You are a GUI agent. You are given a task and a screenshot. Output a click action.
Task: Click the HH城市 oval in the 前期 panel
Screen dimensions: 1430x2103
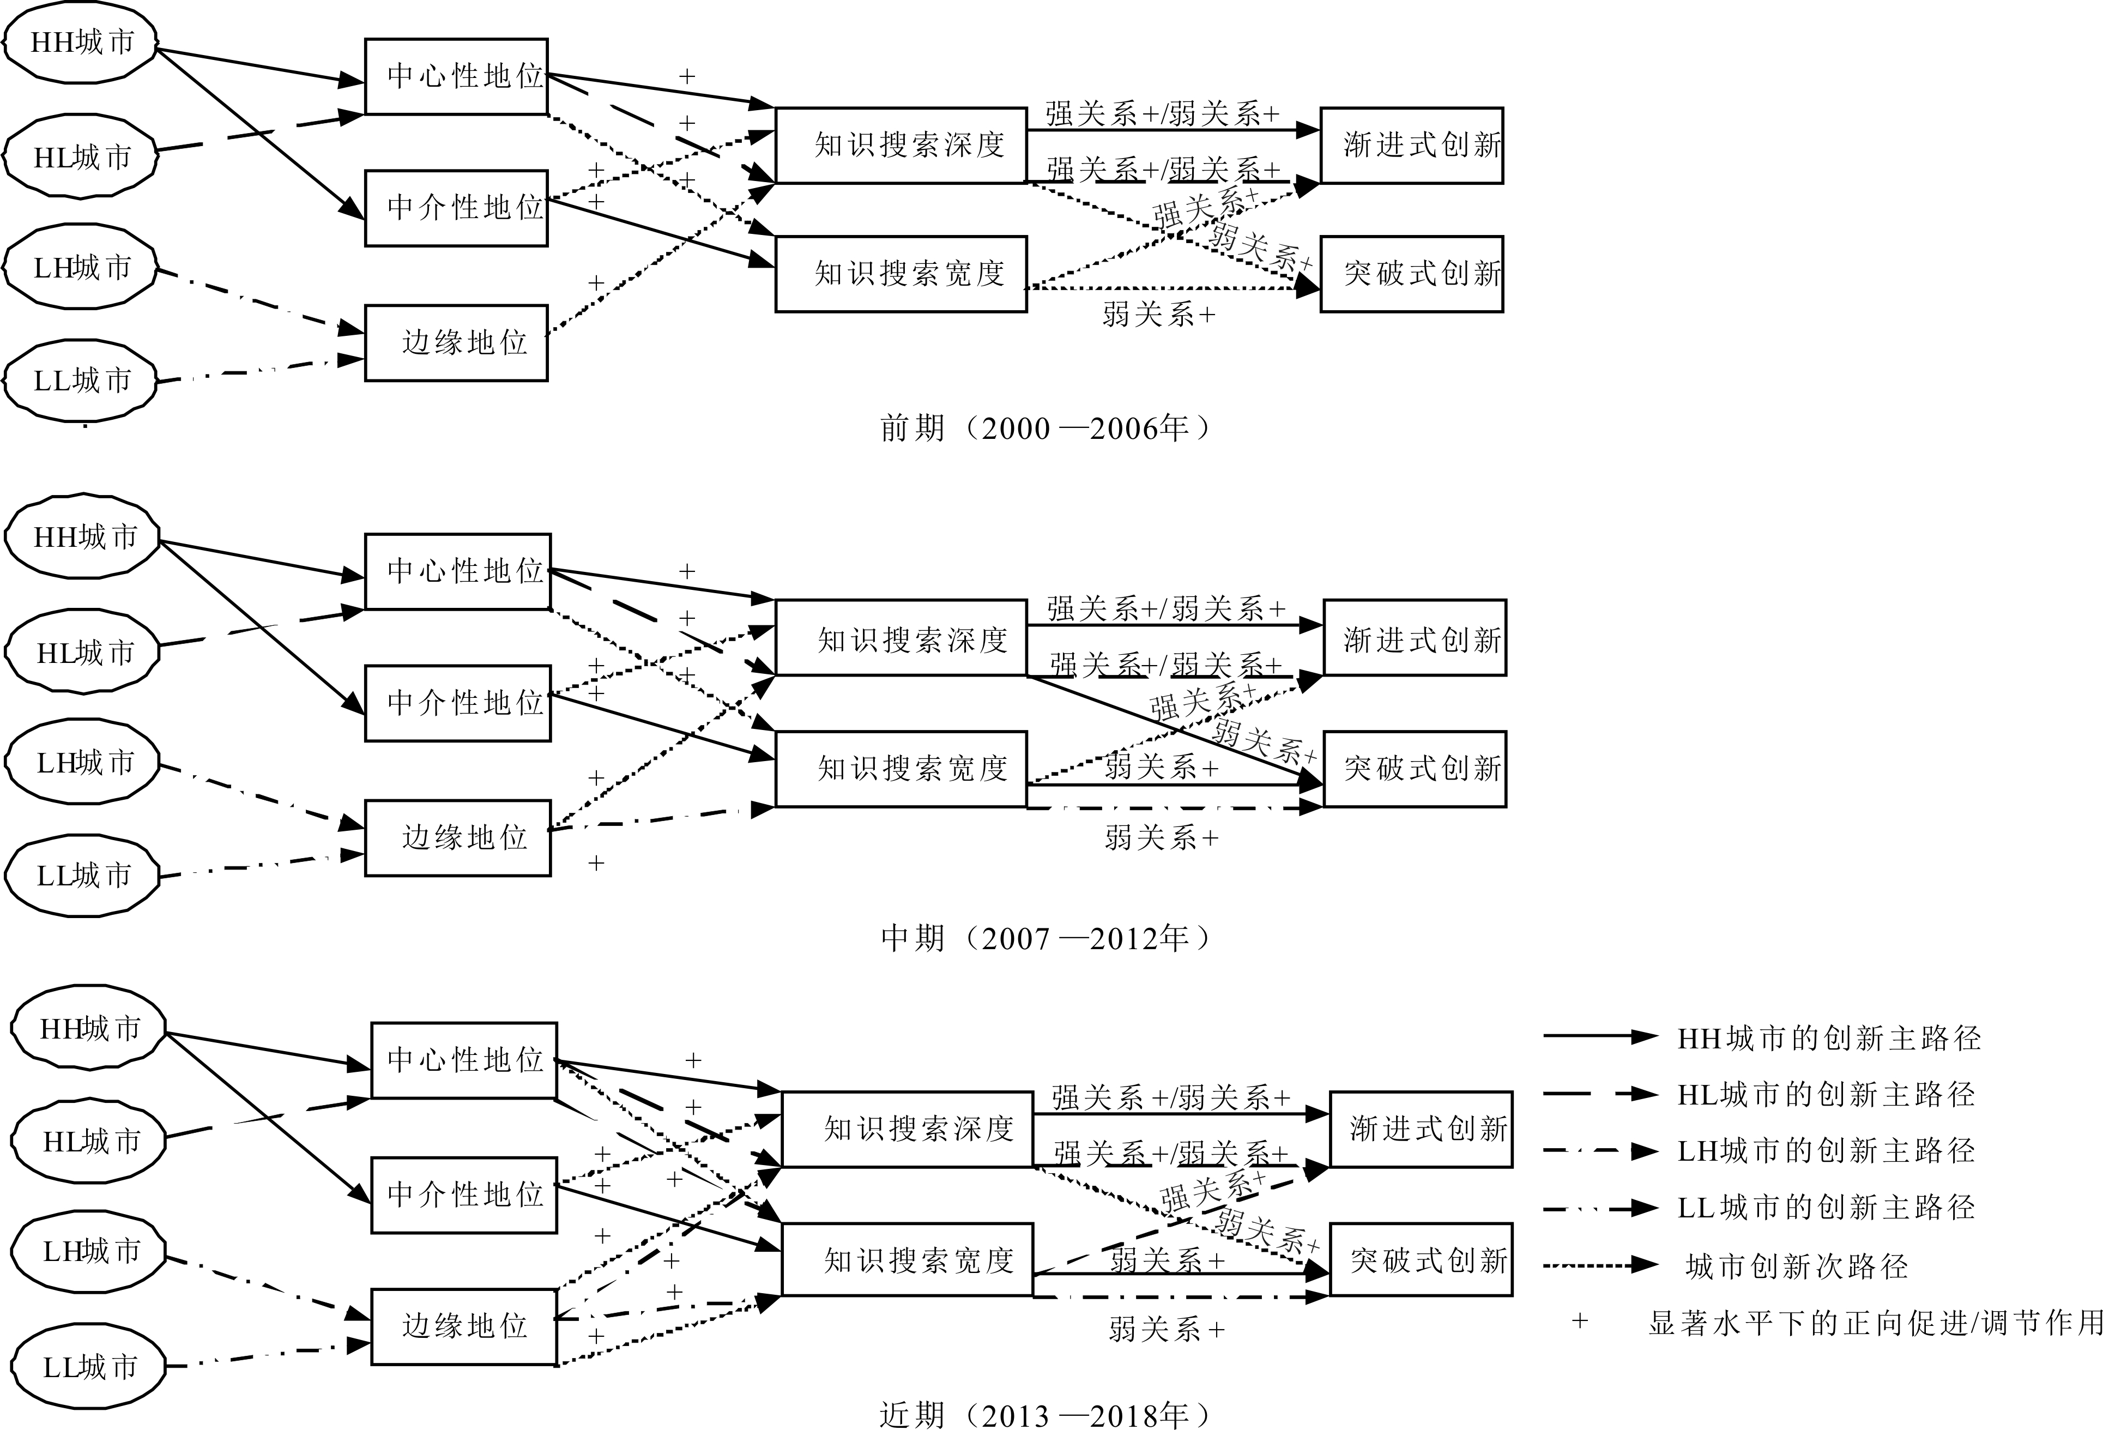81,43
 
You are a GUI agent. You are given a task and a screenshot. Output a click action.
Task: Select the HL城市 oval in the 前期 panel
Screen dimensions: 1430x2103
81,156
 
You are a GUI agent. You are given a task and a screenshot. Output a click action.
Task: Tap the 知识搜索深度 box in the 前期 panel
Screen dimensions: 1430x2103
901,145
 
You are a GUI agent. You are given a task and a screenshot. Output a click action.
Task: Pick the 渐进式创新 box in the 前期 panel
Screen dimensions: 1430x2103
1412,145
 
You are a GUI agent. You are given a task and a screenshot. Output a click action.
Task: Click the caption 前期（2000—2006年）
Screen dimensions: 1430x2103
1045,427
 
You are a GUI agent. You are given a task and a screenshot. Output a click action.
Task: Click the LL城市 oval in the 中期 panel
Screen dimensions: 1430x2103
83,875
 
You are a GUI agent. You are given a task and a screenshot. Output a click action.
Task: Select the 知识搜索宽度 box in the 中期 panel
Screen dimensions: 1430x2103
901,768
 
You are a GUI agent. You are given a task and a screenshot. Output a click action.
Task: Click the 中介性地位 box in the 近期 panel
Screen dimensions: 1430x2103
463,1194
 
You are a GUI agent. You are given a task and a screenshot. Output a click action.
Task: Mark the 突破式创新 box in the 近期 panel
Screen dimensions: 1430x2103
1421,1260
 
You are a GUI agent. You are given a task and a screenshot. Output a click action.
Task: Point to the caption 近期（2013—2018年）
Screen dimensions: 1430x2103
1045,1414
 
